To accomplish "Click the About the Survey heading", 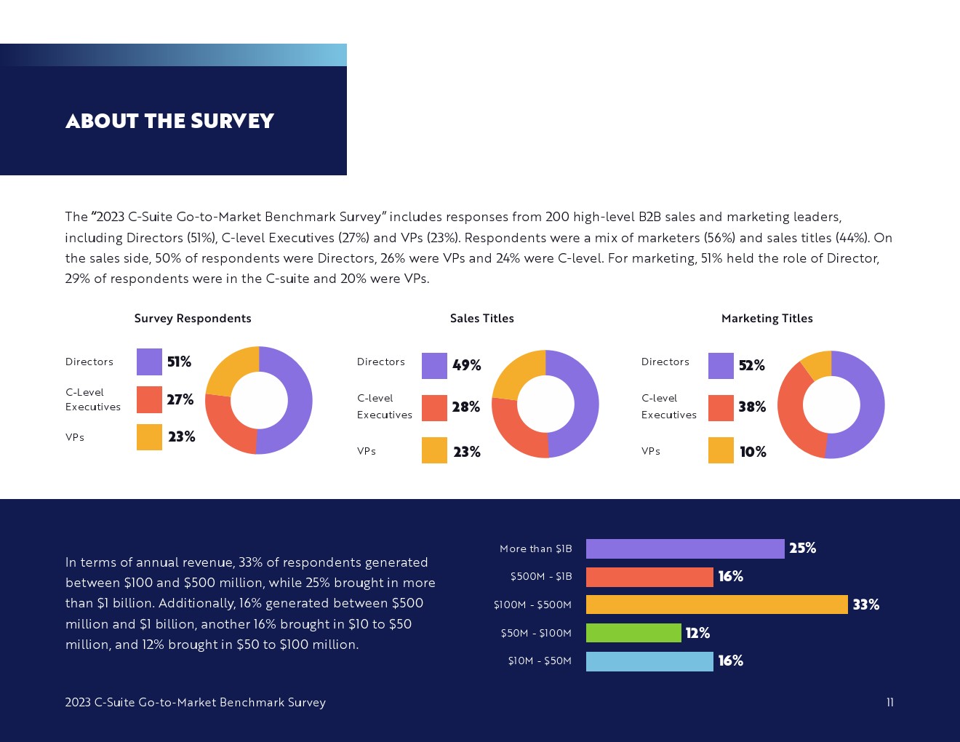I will click(x=169, y=121).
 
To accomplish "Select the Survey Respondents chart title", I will click(x=193, y=319).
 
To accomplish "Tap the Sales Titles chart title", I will click(x=481, y=319).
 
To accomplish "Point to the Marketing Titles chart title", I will click(x=767, y=319).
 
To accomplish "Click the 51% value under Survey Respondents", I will click(x=179, y=362).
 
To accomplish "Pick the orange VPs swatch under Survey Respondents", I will click(x=149, y=437).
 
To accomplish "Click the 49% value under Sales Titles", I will click(x=466, y=365).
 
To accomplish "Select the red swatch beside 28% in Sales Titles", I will click(x=434, y=408).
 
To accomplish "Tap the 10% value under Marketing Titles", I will click(x=753, y=452).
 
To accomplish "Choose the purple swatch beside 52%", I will click(x=721, y=366).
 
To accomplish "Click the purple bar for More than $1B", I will click(x=685, y=548).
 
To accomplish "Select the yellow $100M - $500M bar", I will click(x=716, y=605).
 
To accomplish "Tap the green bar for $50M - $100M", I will click(x=633, y=633).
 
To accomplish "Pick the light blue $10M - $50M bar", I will click(x=649, y=661).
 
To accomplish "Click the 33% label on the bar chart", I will click(x=865, y=605).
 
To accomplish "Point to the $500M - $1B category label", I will click(x=541, y=577).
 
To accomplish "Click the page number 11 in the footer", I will click(x=889, y=702).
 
